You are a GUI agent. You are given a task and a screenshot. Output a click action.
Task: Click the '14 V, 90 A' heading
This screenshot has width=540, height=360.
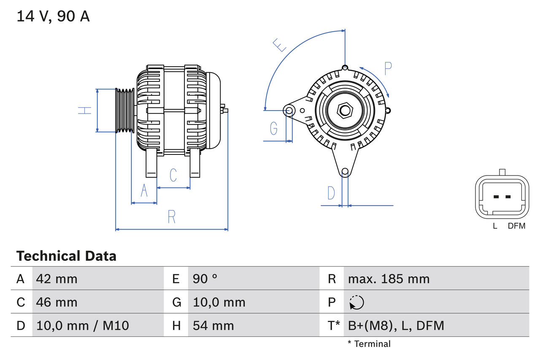point(53,16)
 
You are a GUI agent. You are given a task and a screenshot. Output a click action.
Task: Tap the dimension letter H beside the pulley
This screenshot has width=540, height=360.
point(84,111)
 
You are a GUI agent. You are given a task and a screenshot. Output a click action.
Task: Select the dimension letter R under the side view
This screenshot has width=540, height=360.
point(171,217)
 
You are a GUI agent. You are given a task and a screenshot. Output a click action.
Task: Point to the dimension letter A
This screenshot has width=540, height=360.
point(144,191)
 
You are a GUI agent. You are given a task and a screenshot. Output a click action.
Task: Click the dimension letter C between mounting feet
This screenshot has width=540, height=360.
point(173,175)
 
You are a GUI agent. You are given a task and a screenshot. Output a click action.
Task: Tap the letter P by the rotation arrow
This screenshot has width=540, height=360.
point(388,68)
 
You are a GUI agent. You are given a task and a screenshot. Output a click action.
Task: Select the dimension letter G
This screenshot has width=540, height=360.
point(274,128)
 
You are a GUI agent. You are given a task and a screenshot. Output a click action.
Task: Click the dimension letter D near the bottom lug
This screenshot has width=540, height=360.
point(331,193)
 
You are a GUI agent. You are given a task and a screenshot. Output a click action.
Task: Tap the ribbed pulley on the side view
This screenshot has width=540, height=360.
point(125,111)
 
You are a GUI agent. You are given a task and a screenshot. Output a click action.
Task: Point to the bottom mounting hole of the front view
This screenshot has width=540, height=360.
point(345,171)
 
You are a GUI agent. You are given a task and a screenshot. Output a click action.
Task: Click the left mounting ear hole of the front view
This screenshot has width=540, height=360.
point(289,111)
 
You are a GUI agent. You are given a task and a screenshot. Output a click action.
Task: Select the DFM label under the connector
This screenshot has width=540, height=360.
point(516,226)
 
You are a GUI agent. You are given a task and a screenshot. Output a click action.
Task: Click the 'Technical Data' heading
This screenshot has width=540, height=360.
point(66,256)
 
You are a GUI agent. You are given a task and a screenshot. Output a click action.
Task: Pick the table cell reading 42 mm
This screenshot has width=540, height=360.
point(57,279)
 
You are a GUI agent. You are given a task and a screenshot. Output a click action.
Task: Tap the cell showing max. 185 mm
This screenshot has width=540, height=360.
point(389,279)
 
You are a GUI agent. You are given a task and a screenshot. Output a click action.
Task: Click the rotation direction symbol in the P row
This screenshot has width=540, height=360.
point(356,303)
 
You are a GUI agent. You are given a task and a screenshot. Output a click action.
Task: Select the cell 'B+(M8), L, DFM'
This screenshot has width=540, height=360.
point(396,325)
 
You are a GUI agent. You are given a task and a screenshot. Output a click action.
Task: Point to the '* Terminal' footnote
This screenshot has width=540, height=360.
point(369,344)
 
